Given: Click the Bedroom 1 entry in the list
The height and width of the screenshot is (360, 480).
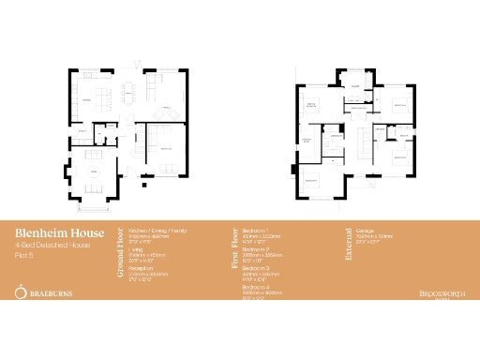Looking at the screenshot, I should click(255, 230).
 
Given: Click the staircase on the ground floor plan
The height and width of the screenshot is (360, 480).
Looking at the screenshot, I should click(131, 141).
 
